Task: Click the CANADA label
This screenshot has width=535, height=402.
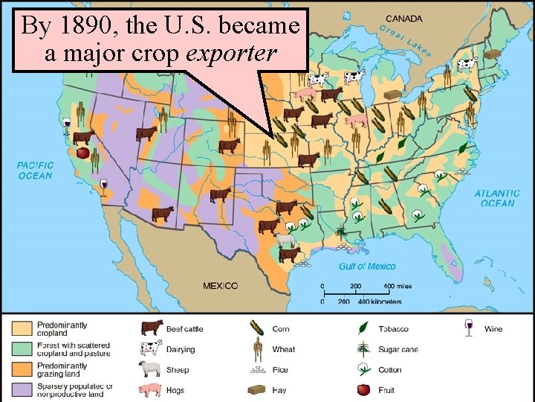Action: coord(403,18)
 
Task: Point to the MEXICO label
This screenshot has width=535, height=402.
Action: coord(221,285)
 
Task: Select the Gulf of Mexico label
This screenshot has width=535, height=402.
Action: coord(367,266)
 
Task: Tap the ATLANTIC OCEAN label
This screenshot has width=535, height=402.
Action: coord(497,198)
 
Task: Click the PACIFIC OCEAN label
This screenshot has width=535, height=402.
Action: coord(35,170)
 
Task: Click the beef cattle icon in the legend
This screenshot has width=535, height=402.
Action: coord(152,328)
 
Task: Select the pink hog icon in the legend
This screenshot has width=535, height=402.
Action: coord(151,389)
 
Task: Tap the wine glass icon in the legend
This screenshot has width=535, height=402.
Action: coord(468,328)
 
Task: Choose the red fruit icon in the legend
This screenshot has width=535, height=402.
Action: coord(363,389)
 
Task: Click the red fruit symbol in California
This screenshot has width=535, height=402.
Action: coord(83,153)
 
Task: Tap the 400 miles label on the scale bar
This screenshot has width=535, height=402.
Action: coord(398,286)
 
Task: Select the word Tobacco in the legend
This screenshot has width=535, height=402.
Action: coord(393,328)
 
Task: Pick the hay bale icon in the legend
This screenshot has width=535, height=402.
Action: coord(257,389)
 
